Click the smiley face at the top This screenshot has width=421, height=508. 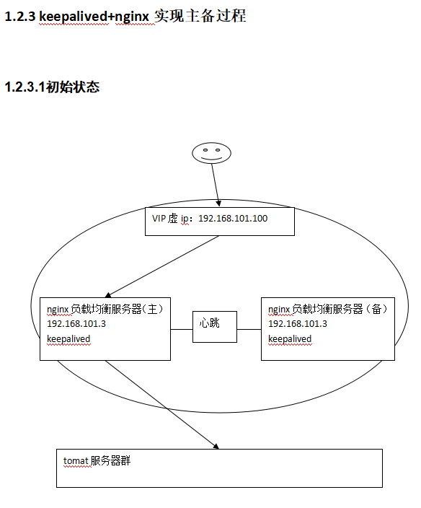(x=211, y=153)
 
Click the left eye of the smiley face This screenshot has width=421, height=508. (x=205, y=150)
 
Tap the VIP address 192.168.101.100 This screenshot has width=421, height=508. (x=233, y=219)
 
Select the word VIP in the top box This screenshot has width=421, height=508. (x=159, y=219)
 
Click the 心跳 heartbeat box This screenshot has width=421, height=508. (x=215, y=327)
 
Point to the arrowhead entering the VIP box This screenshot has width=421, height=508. (x=218, y=203)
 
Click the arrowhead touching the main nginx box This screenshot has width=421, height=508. (x=108, y=295)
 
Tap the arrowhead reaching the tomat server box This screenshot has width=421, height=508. (x=216, y=447)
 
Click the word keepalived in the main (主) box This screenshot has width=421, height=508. (x=68, y=339)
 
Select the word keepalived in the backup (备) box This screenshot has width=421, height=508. (x=290, y=339)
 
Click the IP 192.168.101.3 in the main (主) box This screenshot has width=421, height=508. (x=76, y=324)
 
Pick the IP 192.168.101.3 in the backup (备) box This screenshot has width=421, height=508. (x=298, y=324)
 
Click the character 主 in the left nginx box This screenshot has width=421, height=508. (x=152, y=309)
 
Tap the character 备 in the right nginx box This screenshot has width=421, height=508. (x=376, y=309)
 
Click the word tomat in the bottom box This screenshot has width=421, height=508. (x=76, y=460)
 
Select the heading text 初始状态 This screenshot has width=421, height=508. (x=73, y=87)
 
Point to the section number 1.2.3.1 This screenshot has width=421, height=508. (x=25, y=87)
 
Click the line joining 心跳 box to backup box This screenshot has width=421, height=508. (x=249, y=330)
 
